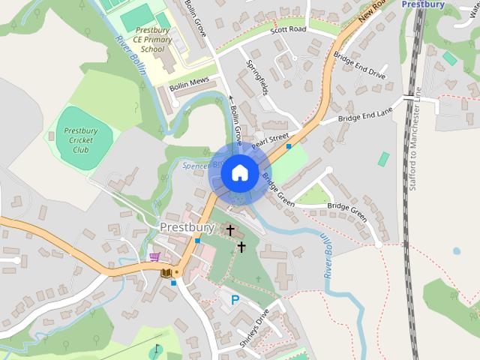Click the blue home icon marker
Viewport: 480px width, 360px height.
tap(239, 173)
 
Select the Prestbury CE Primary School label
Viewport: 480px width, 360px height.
tap(152, 40)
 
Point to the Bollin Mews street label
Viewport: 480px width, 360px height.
tap(189, 83)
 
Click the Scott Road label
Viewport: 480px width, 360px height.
tap(289, 29)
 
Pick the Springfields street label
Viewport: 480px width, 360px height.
tap(256, 76)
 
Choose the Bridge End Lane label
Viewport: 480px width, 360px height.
tap(365, 115)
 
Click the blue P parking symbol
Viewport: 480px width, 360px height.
tap(235, 300)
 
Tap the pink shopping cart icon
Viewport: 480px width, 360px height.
tap(154, 257)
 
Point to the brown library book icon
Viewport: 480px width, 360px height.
tap(166, 273)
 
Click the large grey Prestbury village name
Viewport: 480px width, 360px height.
tap(187, 226)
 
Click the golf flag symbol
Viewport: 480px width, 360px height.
tap(157, 349)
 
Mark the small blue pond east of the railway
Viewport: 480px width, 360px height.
tap(456, 251)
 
